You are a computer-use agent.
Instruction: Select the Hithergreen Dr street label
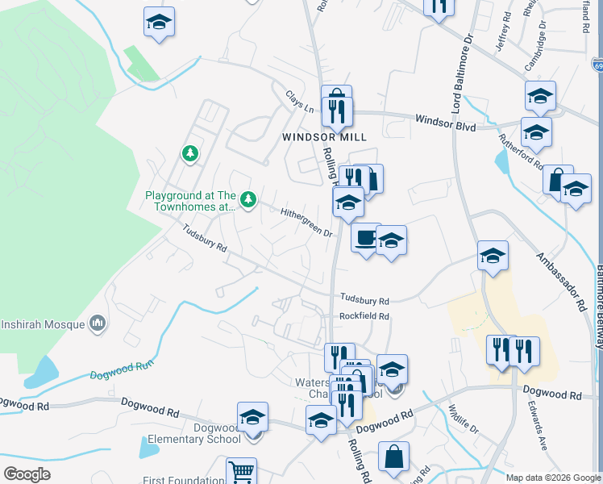tap(307, 222)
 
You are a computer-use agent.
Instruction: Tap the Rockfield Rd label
tap(364, 316)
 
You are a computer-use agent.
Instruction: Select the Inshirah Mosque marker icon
tap(98, 324)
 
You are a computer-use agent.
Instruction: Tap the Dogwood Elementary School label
tap(217, 433)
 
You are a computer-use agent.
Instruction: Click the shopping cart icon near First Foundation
tap(242, 471)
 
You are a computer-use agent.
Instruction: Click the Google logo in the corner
tap(27, 474)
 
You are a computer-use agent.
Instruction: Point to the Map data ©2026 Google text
tap(553, 478)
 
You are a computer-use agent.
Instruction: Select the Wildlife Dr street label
tap(464, 420)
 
